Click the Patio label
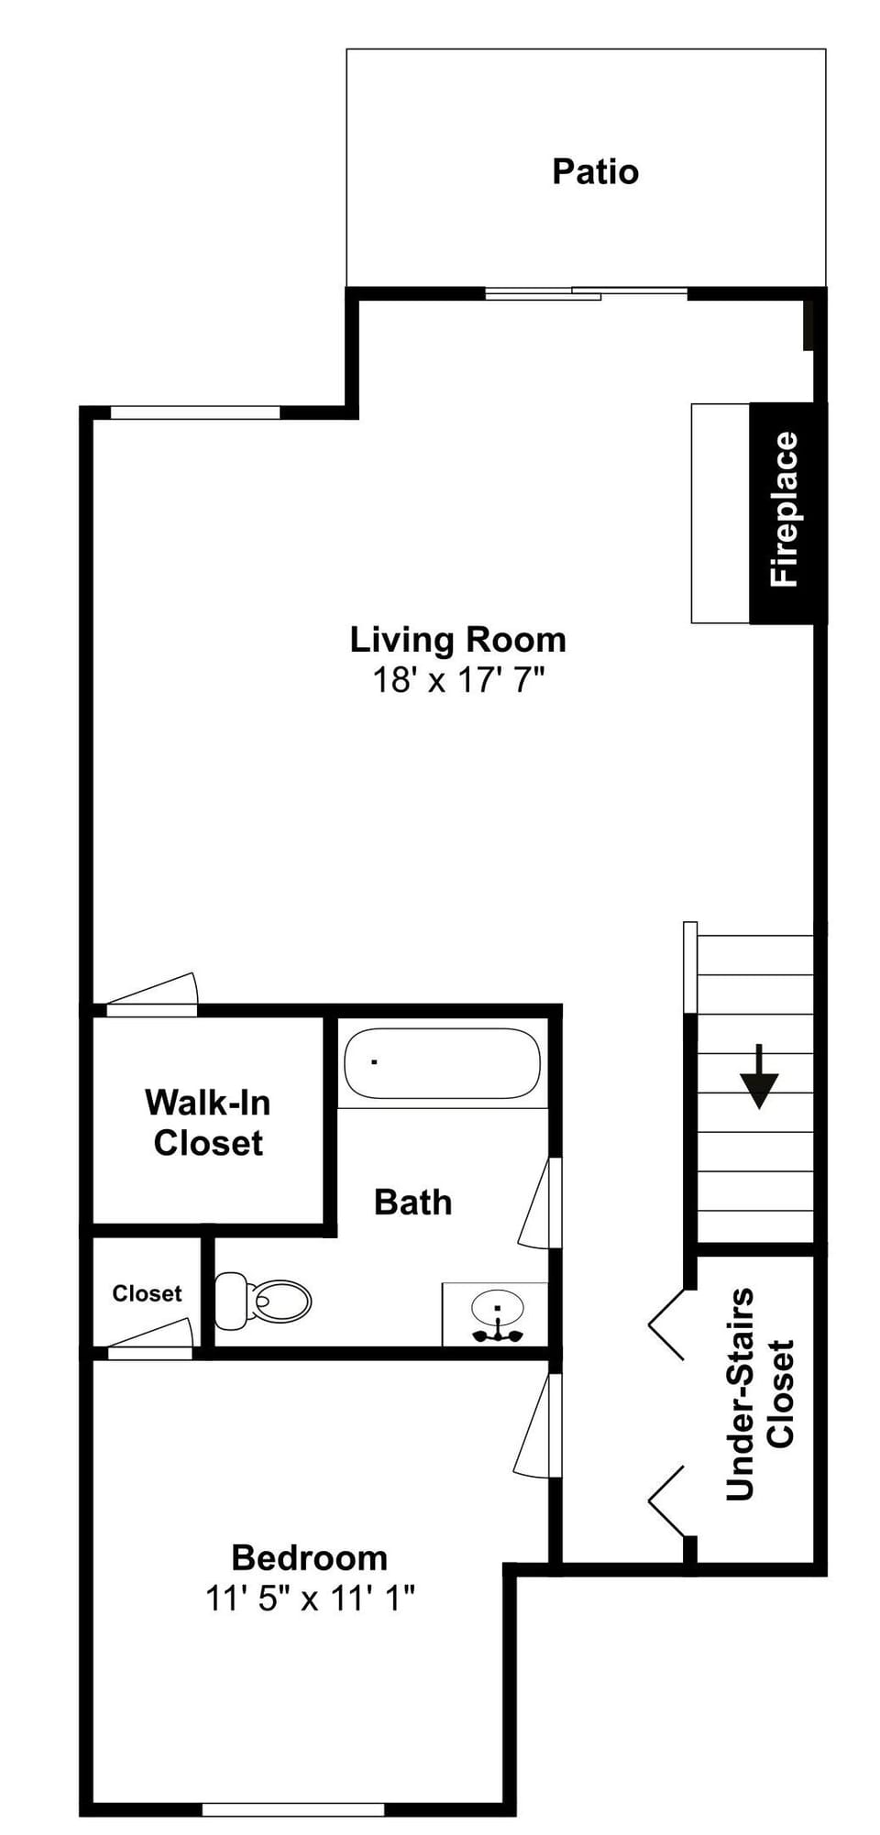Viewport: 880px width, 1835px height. pyautogui.click(x=595, y=172)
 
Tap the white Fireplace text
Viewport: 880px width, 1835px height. pyautogui.click(x=785, y=510)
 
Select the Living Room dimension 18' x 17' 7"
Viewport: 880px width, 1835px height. pyautogui.click(x=457, y=680)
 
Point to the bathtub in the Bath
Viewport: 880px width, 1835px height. pyautogui.click(x=442, y=1063)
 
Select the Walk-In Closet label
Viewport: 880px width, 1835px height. pyautogui.click(x=208, y=1123)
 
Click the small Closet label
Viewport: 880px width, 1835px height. pyautogui.click(x=147, y=1293)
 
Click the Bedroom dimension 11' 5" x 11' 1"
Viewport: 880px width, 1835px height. pyautogui.click(x=310, y=1599)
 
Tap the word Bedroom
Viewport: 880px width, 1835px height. pyautogui.click(x=310, y=1558)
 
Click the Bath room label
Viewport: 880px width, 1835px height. pyautogui.click(x=412, y=1203)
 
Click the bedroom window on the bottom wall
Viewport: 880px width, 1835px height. pyautogui.click(x=292, y=1809)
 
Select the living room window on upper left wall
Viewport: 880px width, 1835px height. pyautogui.click(x=194, y=412)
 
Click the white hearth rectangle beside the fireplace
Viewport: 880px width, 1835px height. pyautogui.click(x=720, y=513)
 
